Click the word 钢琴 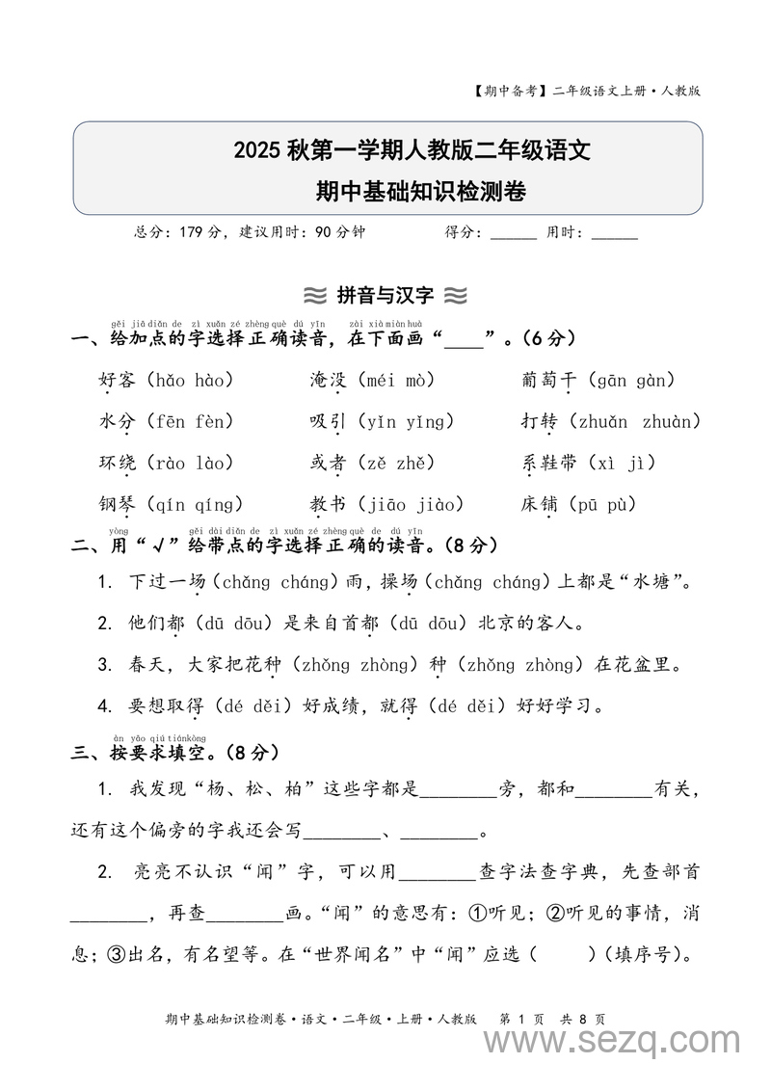(119, 504)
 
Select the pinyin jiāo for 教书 (385, 504)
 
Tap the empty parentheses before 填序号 (563, 955)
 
